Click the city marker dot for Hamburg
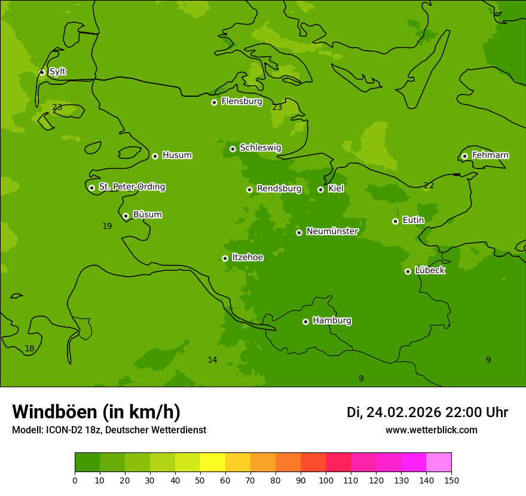point(305,322)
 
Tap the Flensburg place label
point(241,102)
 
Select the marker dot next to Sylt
point(42,72)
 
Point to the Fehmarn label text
point(490,155)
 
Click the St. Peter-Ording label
point(131,187)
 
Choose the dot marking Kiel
point(320,189)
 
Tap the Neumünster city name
point(332,231)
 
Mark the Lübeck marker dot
point(408,271)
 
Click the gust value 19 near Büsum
point(107,226)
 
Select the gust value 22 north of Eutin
point(429,186)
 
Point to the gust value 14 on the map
point(212,360)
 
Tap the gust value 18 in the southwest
point(29,349)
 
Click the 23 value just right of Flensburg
point(277,108)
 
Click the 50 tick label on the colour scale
point(200,480)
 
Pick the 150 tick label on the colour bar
point(451,480)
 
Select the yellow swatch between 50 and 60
point(213,463)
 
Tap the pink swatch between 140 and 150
point(439,463)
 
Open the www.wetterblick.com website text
point(431,430)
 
